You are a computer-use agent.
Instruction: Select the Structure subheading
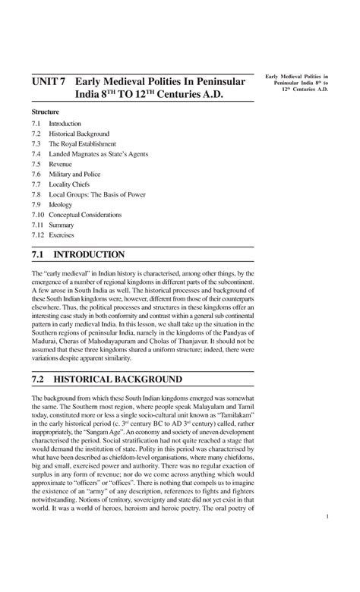45,111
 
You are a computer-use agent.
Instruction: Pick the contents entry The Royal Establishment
82,143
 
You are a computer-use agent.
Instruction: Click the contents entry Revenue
60,164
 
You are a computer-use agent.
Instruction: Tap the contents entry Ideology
60,205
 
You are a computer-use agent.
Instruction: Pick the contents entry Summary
62,225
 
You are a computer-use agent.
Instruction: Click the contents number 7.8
36,194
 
